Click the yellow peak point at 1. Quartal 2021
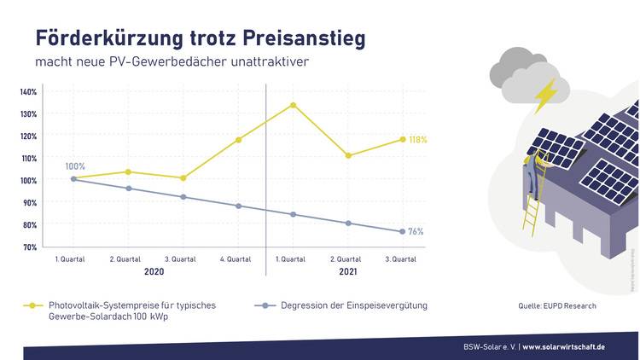(293, 105)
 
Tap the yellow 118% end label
(417, 139)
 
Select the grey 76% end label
(416, 231)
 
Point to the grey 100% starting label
(75, 166)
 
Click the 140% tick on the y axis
(28, 92)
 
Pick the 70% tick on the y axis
(28, 247)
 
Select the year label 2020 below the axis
(154, 271)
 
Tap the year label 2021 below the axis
(347, 271)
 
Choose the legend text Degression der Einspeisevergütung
(353, 305)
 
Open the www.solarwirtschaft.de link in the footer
(564, 347)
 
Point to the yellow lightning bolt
(544, 96)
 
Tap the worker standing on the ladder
(532, 171)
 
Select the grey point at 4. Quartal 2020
(238, 206)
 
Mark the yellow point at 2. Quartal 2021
(348, 155)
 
